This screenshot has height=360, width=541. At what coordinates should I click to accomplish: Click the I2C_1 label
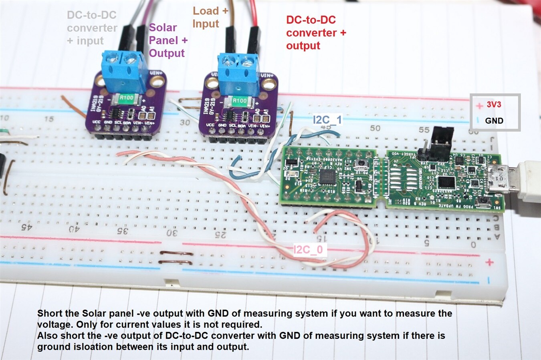327,119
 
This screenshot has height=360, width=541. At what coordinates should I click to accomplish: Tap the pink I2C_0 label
308,250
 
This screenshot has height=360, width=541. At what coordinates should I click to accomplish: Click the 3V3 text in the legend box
494,105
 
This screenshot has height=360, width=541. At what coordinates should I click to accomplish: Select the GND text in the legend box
494,121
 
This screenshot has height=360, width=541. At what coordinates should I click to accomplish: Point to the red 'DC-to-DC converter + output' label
316,33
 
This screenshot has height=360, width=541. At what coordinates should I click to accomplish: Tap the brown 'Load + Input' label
210,17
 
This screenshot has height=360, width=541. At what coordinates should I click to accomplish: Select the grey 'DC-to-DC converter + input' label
92,28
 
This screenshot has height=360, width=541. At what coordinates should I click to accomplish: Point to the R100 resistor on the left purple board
126,98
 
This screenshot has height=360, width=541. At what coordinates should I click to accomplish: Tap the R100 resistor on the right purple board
239,101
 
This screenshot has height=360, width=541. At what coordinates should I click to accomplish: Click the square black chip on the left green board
328,176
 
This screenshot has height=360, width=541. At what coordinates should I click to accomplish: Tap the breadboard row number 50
375,128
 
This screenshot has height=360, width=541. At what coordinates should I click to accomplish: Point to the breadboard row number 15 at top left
49,119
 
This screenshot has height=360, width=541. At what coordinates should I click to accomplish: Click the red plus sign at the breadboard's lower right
489,262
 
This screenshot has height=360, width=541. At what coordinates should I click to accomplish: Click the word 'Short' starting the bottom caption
50,314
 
